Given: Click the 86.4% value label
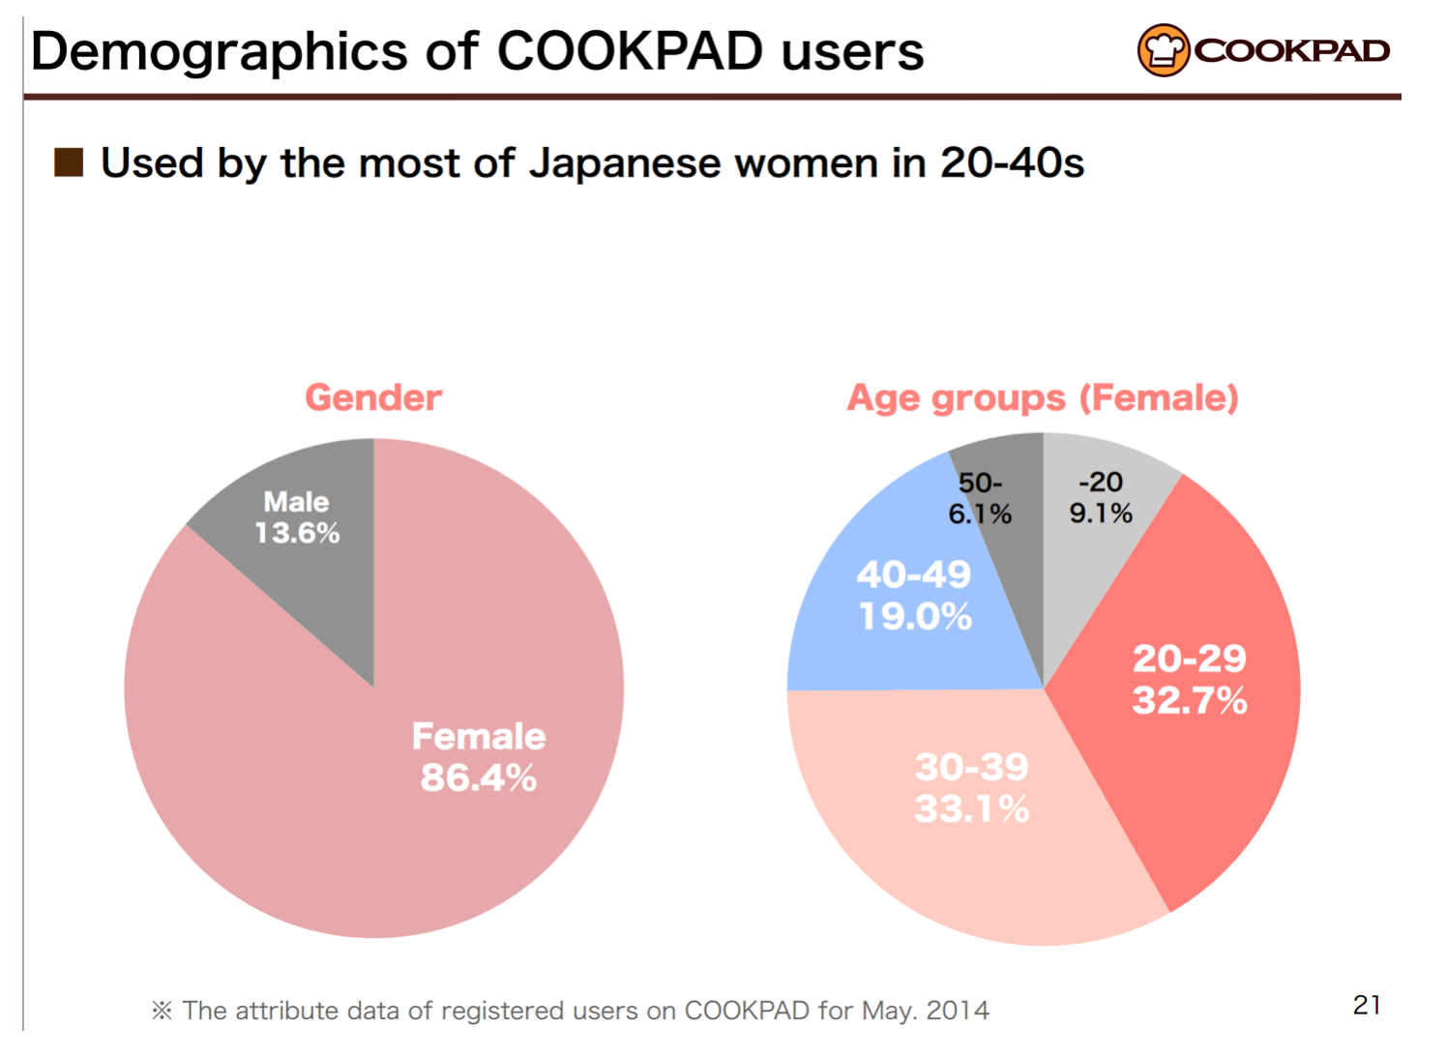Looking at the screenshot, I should (479, 777).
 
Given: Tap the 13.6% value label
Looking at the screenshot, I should (297, 533).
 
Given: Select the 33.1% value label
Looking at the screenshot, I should (972, 808).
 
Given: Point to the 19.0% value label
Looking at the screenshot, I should (915, 616).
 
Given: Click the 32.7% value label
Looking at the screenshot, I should (1190, 700).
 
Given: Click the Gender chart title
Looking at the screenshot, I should (373, 397).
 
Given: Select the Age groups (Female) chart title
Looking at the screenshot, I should (1043, 397).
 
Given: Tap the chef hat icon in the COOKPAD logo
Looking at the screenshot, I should (1163, 50).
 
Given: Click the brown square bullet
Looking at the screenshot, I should (69, 162).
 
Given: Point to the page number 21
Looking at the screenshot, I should (1367, 1006).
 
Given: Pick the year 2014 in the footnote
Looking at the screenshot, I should (958, 1011).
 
